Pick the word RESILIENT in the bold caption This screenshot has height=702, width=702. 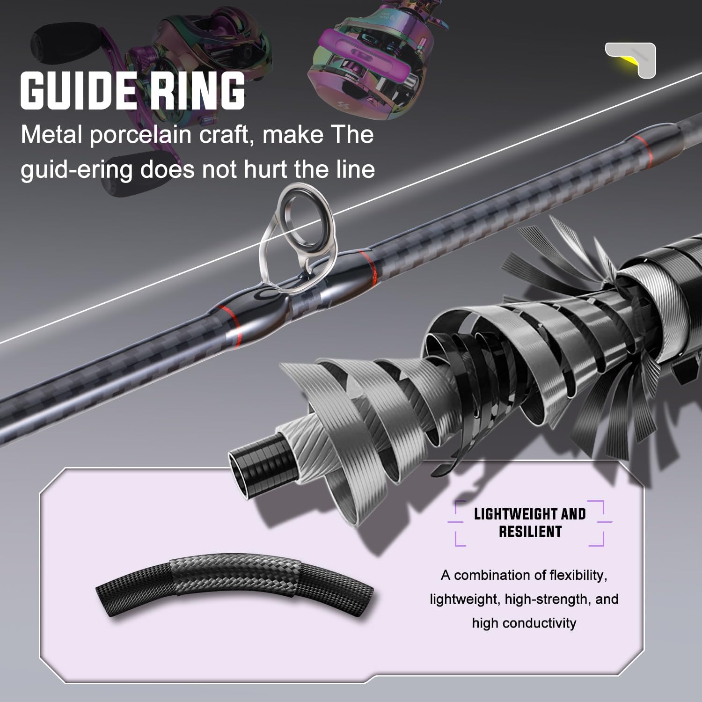point(530,532)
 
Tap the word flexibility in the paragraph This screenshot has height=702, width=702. point(578,575)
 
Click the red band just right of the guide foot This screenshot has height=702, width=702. point(367,262)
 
